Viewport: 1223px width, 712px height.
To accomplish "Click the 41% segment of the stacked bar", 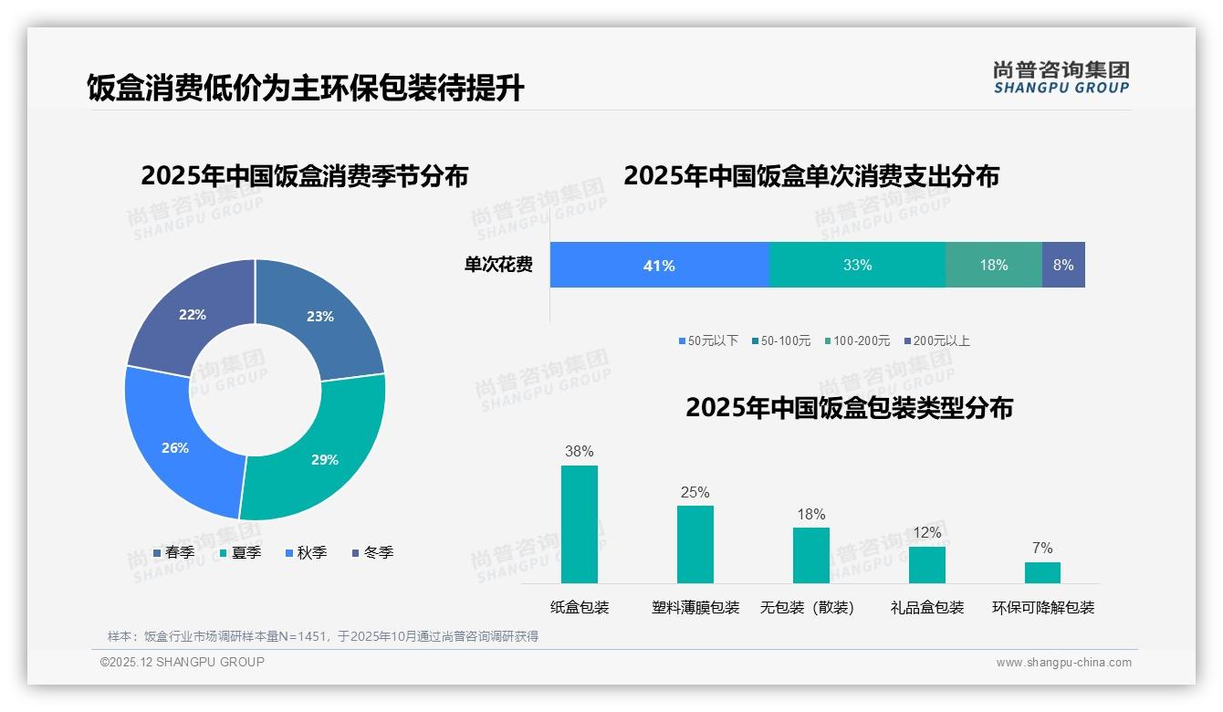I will (x=659, y=266).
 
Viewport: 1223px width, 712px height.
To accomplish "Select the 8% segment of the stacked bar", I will (x=1063, y=266).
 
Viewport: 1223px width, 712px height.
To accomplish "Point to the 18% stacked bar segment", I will (x=994, y=266).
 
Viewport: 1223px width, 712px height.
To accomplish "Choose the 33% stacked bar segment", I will (x=857, y=266).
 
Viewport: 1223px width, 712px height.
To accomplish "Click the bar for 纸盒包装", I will (x=579, y=524).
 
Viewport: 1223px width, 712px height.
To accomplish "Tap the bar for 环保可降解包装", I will (x=1042, y=572).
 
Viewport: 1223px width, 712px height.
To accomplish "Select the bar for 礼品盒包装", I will (x=926, y=564).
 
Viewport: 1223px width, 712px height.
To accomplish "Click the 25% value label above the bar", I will (x=695, y=493).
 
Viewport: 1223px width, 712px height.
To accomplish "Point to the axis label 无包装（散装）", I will (x=808, y=608).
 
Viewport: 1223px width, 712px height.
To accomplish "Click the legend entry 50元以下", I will (x=708, y=341).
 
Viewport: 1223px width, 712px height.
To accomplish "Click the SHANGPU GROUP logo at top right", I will (x=1061, y=78).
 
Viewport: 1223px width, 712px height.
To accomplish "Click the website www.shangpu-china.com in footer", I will (x=1063, y=663).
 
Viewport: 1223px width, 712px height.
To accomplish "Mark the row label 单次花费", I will (x=498, y=266).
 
